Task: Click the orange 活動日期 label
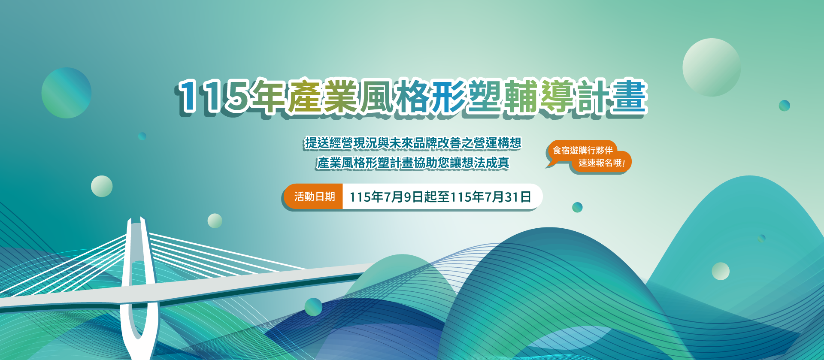314,197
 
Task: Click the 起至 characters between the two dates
437,197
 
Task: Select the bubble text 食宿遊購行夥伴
582,150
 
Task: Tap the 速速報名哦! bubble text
602,163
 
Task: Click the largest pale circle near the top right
712,67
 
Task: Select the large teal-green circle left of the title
67,93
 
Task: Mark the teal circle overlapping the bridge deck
313,307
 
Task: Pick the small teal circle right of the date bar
577,207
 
